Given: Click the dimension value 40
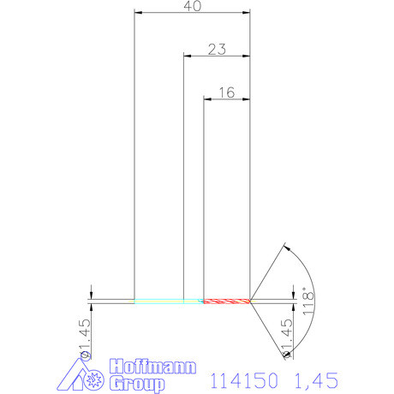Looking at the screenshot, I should pyautogui.click(x=193, y=7).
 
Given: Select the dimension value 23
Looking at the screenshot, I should pyautogui.click(x=216, y=50).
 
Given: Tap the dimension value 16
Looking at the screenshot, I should pyautogui.click(x=226, y=93).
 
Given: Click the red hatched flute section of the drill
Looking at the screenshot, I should pyautogui.click(x=226, y=301).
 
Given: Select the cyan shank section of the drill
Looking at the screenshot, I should pyautogui.click(x=163, y=301).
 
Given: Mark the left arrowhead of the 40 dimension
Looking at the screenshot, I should pyautogui.click(x=139, y=14).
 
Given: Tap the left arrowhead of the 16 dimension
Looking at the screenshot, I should pyautogui.click(x=206, y=98).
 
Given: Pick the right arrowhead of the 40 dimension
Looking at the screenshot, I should pyautogui.click(x=247, y=14).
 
